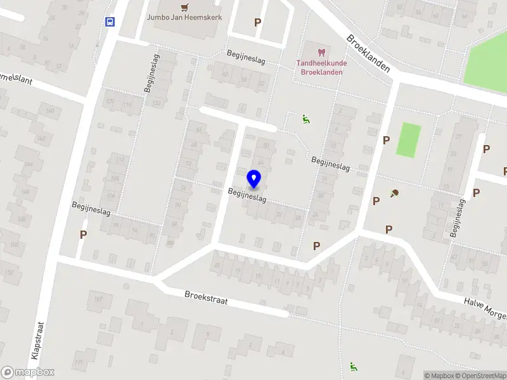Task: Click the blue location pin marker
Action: pos(254,179)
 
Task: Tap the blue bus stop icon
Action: pos(110,22)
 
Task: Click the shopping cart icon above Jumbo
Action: pos(184,7)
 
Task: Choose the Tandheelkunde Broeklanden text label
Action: pos(321,67)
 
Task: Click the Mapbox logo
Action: pos(27,372)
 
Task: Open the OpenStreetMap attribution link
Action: pos(482,376)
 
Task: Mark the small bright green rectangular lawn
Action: pos(408,140)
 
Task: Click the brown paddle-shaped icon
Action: pos(395,193)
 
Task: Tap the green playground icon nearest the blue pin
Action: pos(305,118)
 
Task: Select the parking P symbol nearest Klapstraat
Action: pos(83,234)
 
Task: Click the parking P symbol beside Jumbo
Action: pos(257,22)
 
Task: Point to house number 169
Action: pos(99,299)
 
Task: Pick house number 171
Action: pos(78,363)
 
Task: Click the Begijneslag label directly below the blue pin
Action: pos(247,194)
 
